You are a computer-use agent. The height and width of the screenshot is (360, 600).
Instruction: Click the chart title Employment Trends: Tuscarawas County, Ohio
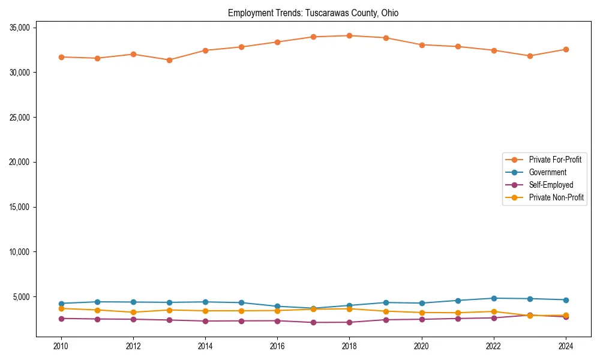[313, 13]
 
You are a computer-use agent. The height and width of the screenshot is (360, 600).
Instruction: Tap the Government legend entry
[547, 172]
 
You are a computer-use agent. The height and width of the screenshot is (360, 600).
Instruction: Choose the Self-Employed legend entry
[551, 185]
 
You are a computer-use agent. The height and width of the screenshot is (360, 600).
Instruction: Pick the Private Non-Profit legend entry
[556, 197]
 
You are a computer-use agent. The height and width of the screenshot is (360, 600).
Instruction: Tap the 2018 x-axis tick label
[349, 346]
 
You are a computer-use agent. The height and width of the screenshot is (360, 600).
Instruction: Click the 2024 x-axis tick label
[566, 346]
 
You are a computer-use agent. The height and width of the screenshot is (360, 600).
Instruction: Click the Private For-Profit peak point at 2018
[349, 35]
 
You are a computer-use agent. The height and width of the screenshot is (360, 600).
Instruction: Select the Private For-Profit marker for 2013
[169, 60]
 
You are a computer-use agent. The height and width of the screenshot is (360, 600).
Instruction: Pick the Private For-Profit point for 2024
[566, 49]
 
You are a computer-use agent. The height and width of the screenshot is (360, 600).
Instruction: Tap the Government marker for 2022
[494, 298]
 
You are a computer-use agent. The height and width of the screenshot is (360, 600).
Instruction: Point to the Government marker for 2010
[61, 304]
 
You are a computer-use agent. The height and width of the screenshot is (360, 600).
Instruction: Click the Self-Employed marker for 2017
[313, 322]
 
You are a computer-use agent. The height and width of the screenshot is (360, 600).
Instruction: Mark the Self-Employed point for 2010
[61, 319]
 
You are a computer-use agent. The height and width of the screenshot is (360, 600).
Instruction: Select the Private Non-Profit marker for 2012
[133, 312]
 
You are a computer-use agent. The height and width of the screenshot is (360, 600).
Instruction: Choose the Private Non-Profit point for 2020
[422, 313]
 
